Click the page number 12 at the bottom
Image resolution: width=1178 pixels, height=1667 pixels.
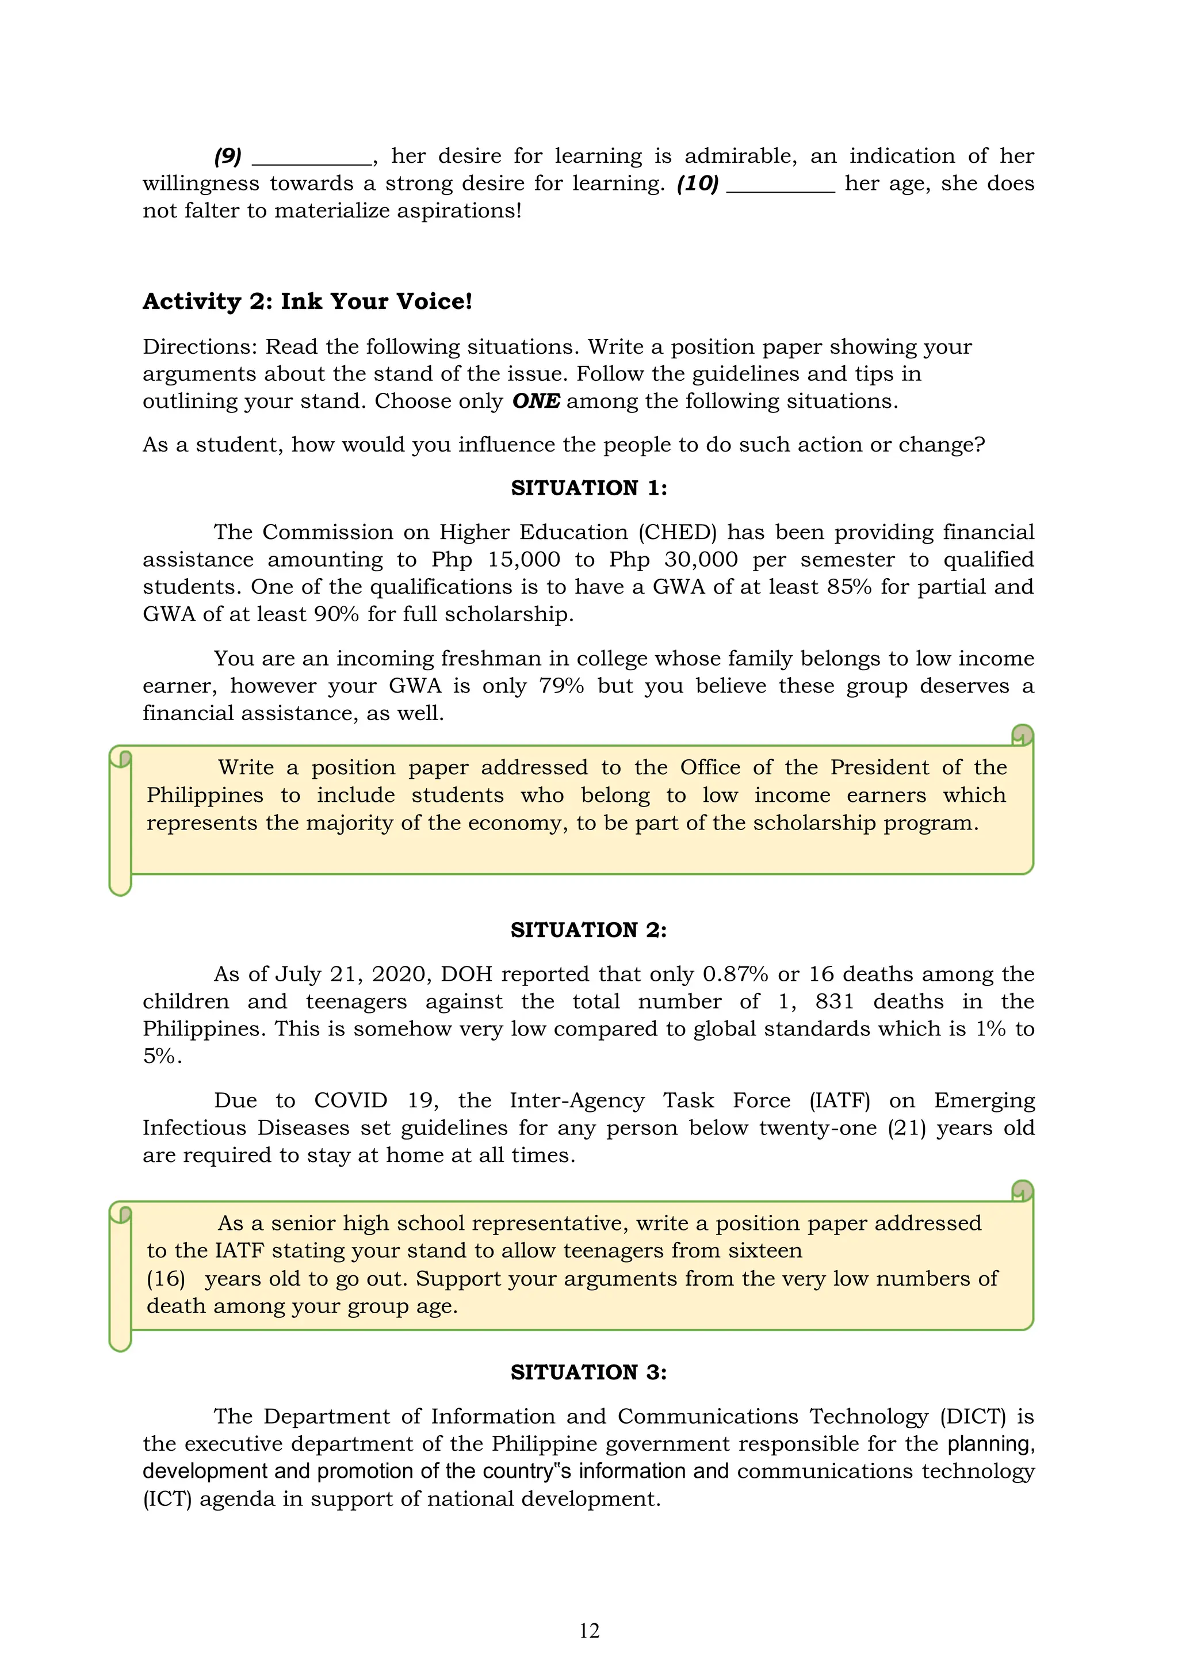tap(588, 1630)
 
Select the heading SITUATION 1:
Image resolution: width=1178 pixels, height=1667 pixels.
tap(588, 488)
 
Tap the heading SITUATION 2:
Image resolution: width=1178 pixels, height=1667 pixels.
tap(588, 930)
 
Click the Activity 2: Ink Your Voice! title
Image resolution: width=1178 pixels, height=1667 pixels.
tap(307, 301)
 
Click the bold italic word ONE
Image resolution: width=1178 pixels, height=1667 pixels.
tap(536, 401)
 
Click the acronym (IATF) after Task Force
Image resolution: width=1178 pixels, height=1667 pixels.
tap(839, 1100)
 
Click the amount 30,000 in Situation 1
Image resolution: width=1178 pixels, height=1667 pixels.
tap(701, 560)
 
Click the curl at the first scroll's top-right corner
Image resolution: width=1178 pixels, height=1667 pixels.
tap(1022, 735)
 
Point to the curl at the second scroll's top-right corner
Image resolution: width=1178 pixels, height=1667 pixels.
tap(1022, 1191)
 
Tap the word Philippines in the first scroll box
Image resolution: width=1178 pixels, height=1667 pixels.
tap(205, 795)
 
